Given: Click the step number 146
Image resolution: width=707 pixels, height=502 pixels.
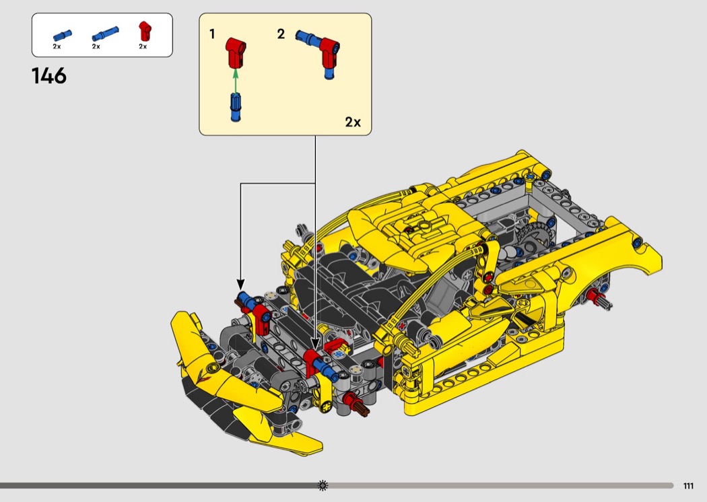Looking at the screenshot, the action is pyautogui.click(x=49, y=76).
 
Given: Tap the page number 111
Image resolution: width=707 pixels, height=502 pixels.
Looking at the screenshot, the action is pyautogui.click(x=688, y=486).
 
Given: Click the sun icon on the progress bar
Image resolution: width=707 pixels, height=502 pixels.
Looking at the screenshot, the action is pyautogui.click(x=323, y=485).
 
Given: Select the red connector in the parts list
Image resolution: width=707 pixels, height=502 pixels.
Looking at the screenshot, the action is pyautogui.click(x=144, y=31).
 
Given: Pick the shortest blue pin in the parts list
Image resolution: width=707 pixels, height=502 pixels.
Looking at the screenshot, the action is pyautogui.click(x=62, y=35).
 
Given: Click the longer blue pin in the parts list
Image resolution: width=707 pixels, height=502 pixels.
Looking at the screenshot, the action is pyautogui.click(x=106, y=34).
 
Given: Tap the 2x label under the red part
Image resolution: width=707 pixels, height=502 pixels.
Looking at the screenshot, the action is pyautogui.click(x=143, y=46).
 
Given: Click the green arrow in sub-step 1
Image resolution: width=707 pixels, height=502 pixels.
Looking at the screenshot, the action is pyautogui.click(x=235, y=80).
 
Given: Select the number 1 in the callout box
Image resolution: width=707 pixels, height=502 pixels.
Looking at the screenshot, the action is pyautogui.click(x=212, y=34).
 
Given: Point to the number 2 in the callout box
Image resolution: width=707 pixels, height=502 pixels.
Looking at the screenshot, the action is pyautogui.click(x=281, y=34).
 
